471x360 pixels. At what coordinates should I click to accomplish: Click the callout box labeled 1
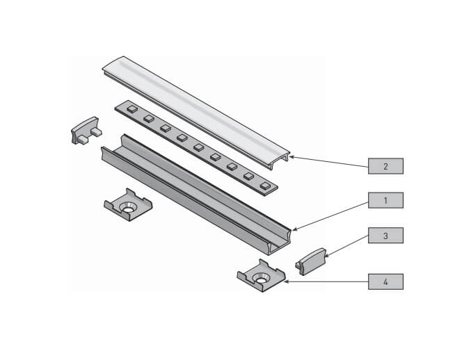385,201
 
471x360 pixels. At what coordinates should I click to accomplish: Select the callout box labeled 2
385,166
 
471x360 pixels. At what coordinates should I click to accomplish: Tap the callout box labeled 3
385,236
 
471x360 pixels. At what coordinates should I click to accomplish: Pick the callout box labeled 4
385,281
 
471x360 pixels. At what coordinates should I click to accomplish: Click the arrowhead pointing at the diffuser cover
292,157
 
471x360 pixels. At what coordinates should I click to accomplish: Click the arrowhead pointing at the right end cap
328,257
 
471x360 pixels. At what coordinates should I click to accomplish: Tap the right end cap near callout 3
310,260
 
